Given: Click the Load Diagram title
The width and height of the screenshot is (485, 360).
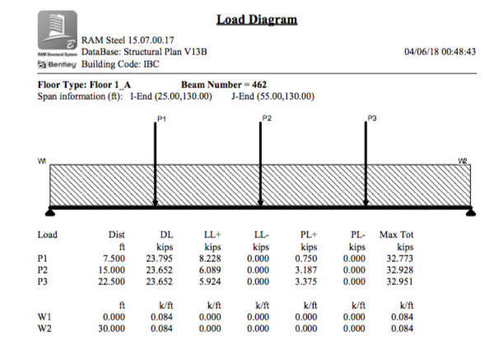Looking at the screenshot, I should [256, 19].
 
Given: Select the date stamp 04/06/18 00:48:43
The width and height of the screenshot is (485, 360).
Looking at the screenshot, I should [441, 51].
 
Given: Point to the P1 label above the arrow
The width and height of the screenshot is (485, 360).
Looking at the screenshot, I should [161, 119].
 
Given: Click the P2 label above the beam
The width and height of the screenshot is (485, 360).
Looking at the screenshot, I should [266, 119].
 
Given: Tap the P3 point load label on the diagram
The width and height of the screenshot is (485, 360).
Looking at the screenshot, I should [372, 119].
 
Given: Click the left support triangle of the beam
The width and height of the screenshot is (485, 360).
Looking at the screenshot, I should [50, 212].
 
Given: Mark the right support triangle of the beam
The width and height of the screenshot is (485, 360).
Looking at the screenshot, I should [470, 212].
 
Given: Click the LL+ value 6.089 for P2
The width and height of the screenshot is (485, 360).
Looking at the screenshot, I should [212, 269].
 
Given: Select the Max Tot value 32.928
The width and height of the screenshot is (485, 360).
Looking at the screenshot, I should [399, 269].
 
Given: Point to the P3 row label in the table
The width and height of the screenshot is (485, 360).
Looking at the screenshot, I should [44, 280].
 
